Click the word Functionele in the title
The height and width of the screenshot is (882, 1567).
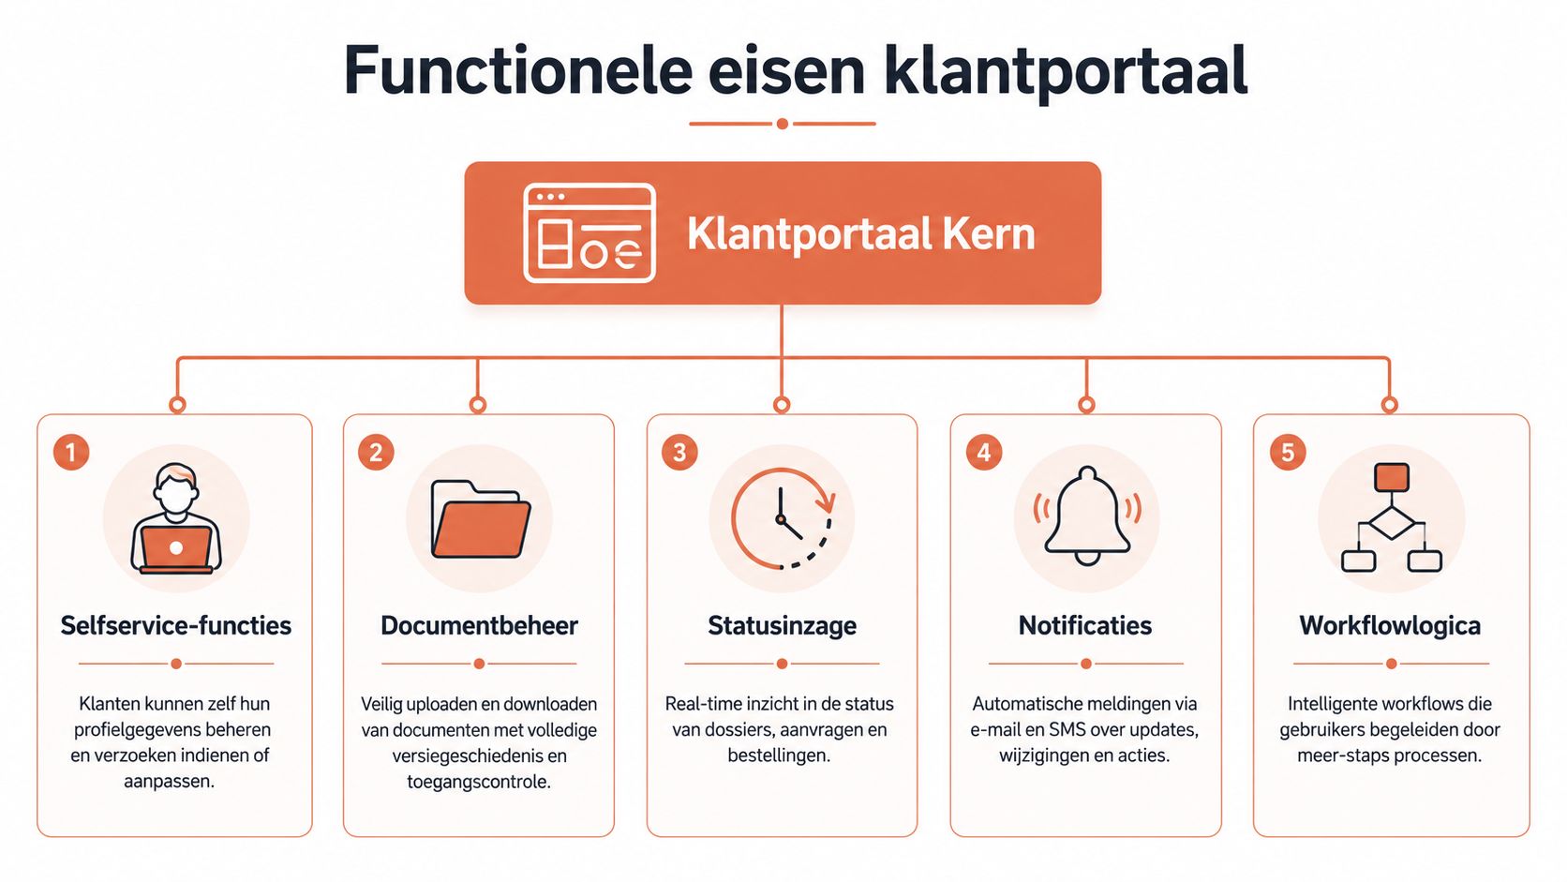click(518, 70)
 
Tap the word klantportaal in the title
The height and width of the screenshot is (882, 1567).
click(1067, 73)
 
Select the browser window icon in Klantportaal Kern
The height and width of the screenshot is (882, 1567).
click(589, 232)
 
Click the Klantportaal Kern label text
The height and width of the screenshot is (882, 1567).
click(860, 233)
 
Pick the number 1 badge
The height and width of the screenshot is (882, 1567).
click(71, 452)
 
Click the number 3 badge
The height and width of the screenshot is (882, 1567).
click(679, 452)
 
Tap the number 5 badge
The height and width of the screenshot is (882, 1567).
click(1288, 452)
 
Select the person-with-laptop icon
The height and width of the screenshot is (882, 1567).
click(176, 518)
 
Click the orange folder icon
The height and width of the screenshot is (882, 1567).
click(481, 519)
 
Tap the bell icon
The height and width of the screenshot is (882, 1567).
click(1087, 516)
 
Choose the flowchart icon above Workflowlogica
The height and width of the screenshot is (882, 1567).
click(1392, 517)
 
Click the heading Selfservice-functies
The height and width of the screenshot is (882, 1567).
click(175, 625)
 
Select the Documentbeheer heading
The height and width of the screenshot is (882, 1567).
click(479, 625)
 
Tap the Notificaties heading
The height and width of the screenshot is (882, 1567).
click(1085, 625)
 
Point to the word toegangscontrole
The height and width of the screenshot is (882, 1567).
click(479, 782)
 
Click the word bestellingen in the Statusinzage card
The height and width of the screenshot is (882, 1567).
click(779, 756)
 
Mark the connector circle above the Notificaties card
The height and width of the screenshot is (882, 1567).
click(1086, 404)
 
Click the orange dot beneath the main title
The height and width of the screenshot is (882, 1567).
click(783, 124)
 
